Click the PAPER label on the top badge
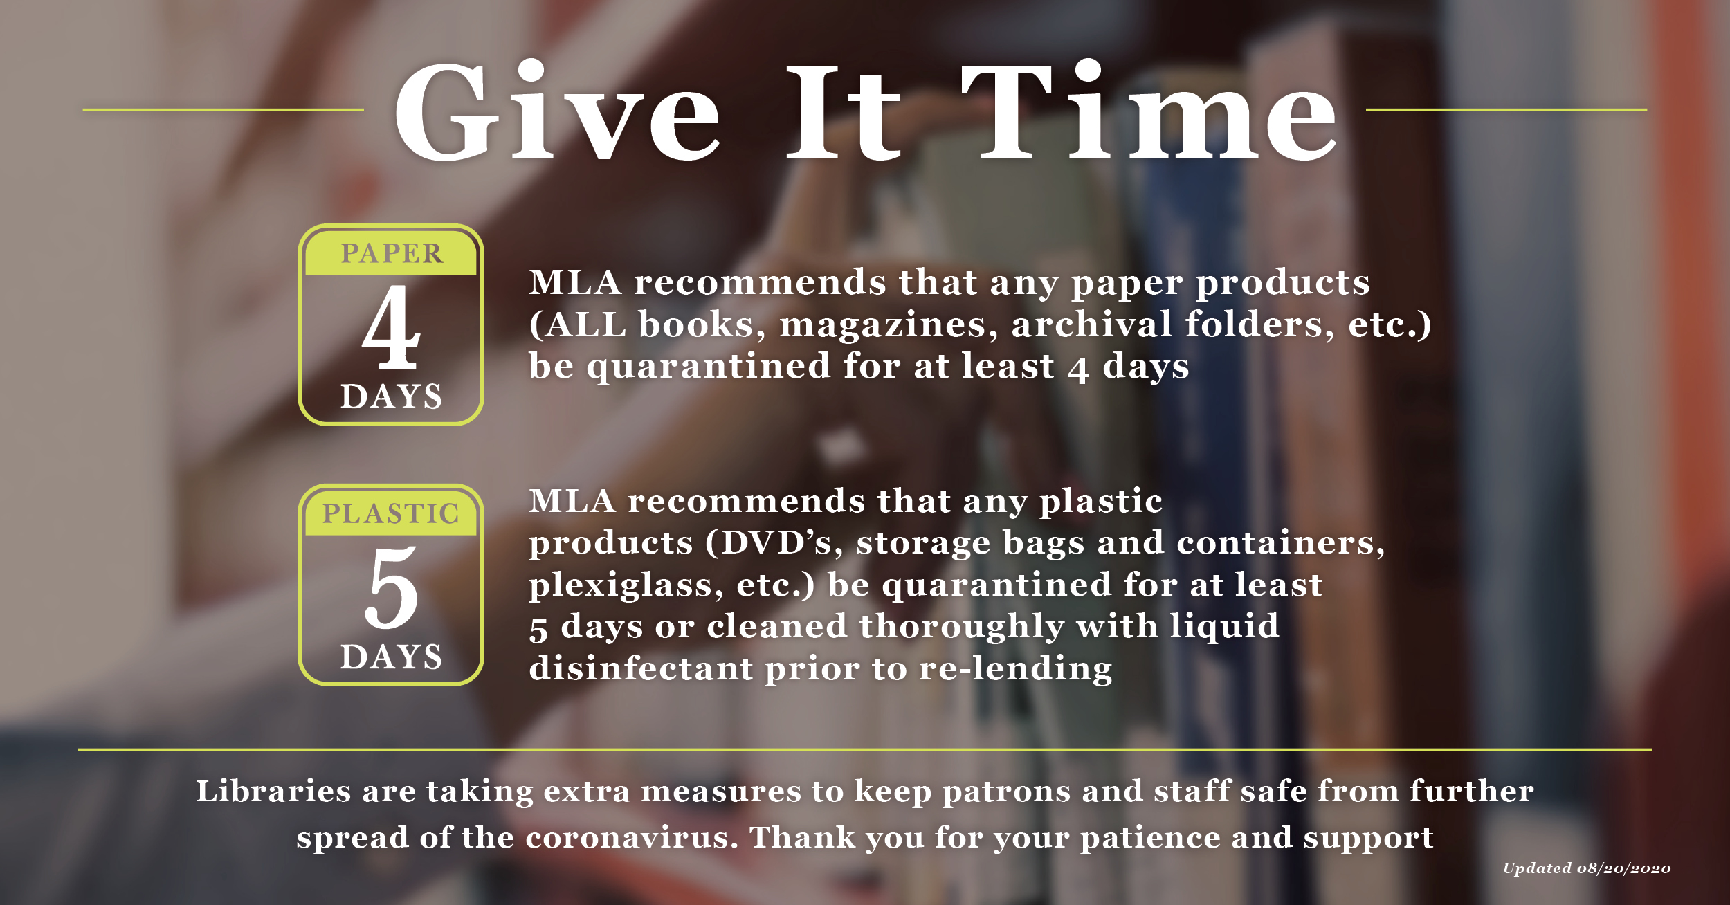(392, 253)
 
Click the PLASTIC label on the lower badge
(391, 513)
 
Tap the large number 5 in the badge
(391, 587)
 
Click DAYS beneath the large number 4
(391, 396)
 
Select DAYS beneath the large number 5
(391, 657)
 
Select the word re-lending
(1016, 668)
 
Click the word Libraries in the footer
(273, 791)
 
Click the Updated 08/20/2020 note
(1586, 868)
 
